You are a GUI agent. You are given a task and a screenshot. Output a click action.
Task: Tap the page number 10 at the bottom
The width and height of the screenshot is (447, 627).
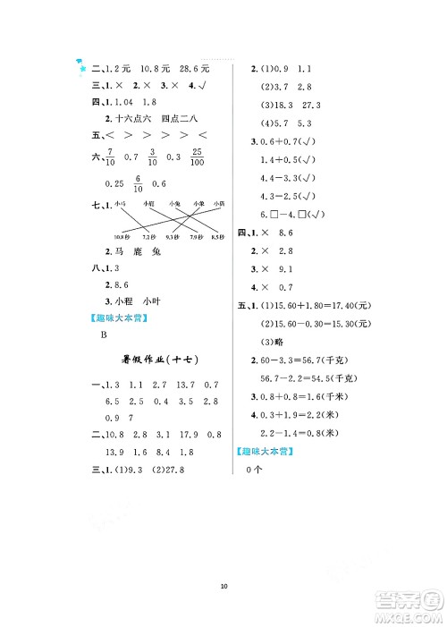[x=223, y=587]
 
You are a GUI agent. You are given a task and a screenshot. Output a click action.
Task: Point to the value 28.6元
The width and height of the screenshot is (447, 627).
[x=192, y=68]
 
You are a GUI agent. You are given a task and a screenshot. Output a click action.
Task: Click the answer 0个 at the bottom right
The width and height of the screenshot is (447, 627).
[x=251, y=471]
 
